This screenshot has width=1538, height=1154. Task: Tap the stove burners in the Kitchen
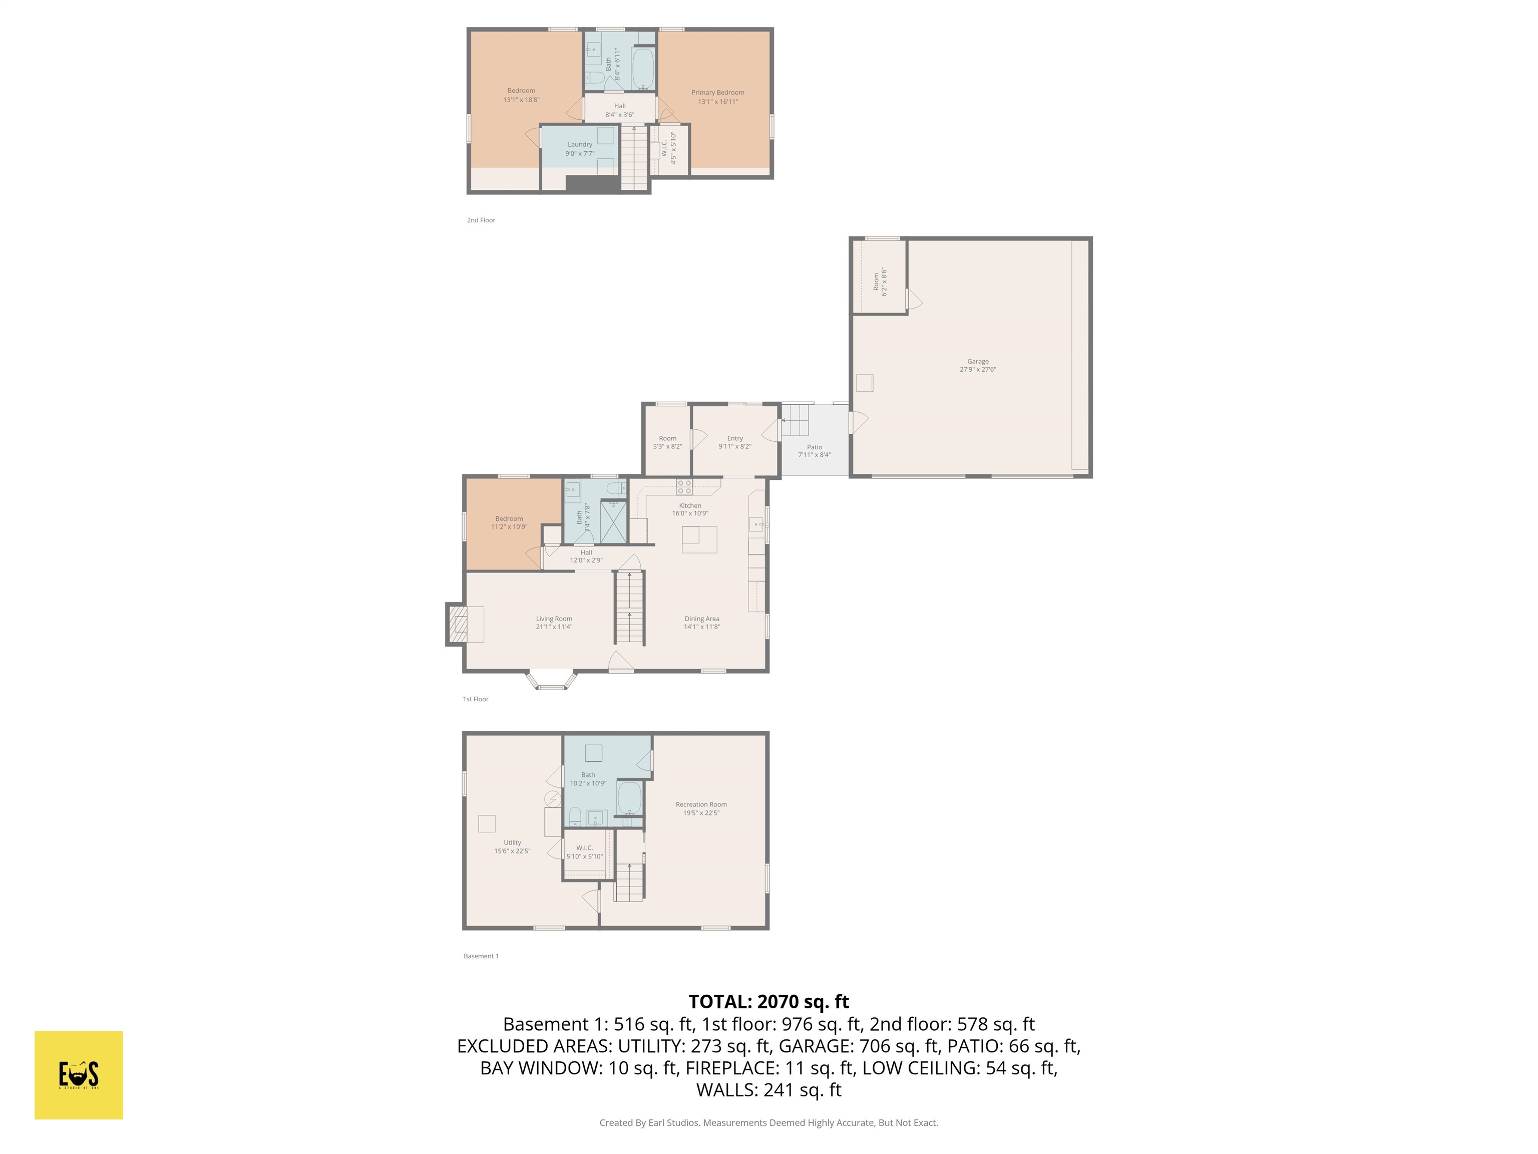pos(684,486)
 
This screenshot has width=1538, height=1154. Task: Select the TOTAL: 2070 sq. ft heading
pos(768,1002)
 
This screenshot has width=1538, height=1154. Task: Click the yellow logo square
pos(79,1075)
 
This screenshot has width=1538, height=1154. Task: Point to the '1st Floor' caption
pos(476,699)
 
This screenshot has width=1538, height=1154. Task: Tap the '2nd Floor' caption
pos(481,220)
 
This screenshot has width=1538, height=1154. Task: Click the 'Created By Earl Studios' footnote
pos(768,1123)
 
